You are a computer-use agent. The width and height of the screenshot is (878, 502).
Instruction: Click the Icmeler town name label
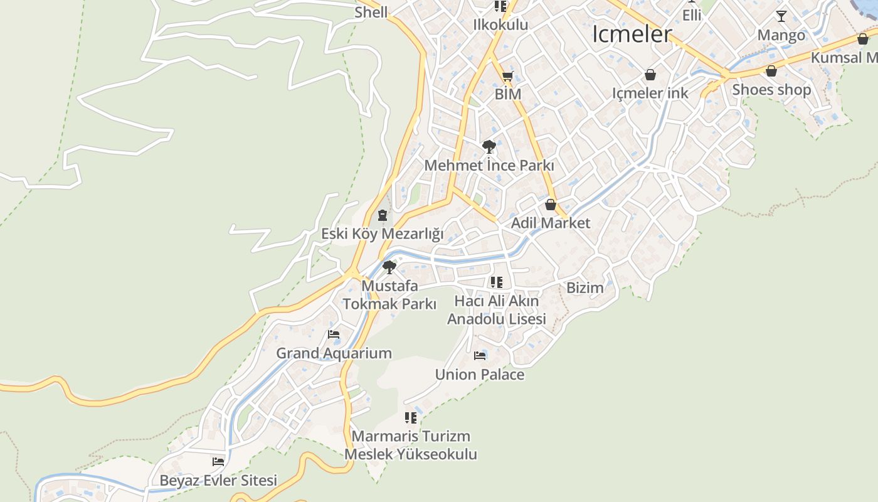(x=632, y=34)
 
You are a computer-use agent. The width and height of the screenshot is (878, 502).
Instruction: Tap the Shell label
(x=371, y=12)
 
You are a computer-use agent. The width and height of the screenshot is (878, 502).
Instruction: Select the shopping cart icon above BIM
(x=507, y=77)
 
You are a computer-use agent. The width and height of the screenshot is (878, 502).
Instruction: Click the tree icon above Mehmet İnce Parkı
(x=489, y=147)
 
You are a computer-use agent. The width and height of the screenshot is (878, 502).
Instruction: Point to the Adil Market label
(x=550, y=223)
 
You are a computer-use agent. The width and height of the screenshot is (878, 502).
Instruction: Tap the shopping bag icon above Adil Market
(x=551, y=205)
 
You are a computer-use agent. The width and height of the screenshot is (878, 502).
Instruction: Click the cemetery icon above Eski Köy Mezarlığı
(x=382, y=216)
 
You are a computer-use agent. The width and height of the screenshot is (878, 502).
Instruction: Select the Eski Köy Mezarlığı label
(x=382, y=234)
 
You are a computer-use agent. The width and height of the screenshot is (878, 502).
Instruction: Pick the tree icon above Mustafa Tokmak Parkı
(x=389, y=267)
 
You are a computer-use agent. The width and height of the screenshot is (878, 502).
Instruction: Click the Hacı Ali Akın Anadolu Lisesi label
(x=496, y=310)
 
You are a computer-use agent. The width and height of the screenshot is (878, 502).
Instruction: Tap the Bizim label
(x=584, y=288)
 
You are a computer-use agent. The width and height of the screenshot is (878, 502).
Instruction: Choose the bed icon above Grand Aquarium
(x=334, y=334)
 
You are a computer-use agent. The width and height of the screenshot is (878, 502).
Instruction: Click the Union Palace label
(x=480, y=375)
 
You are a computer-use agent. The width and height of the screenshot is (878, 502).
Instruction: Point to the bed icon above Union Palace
(x=480, y=356)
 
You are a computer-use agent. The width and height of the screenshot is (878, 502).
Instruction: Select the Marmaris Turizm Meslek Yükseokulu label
(x=411, y=445)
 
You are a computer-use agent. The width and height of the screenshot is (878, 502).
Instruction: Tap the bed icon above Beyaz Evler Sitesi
(x=218, y=462)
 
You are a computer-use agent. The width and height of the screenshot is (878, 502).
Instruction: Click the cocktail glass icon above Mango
(x=781, y=16)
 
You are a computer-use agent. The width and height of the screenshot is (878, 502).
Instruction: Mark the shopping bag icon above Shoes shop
(x=771, y=71)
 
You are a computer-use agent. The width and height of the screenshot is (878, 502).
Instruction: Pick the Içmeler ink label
(x=650, y=93)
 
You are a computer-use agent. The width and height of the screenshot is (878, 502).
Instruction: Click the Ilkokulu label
(x=500, y=25)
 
